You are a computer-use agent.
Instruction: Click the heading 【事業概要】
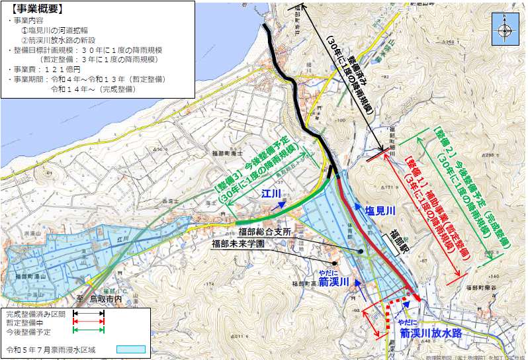click(x=37, y=9)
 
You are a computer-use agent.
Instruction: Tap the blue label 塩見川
click(x=380, y=210)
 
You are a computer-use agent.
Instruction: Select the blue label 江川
click(x=271, y=194)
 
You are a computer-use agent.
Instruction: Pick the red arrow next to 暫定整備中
click(x=89, y=322)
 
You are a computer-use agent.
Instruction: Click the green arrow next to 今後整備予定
click(x=89, y=330)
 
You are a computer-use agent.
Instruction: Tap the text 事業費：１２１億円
click(x=44, y=69)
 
